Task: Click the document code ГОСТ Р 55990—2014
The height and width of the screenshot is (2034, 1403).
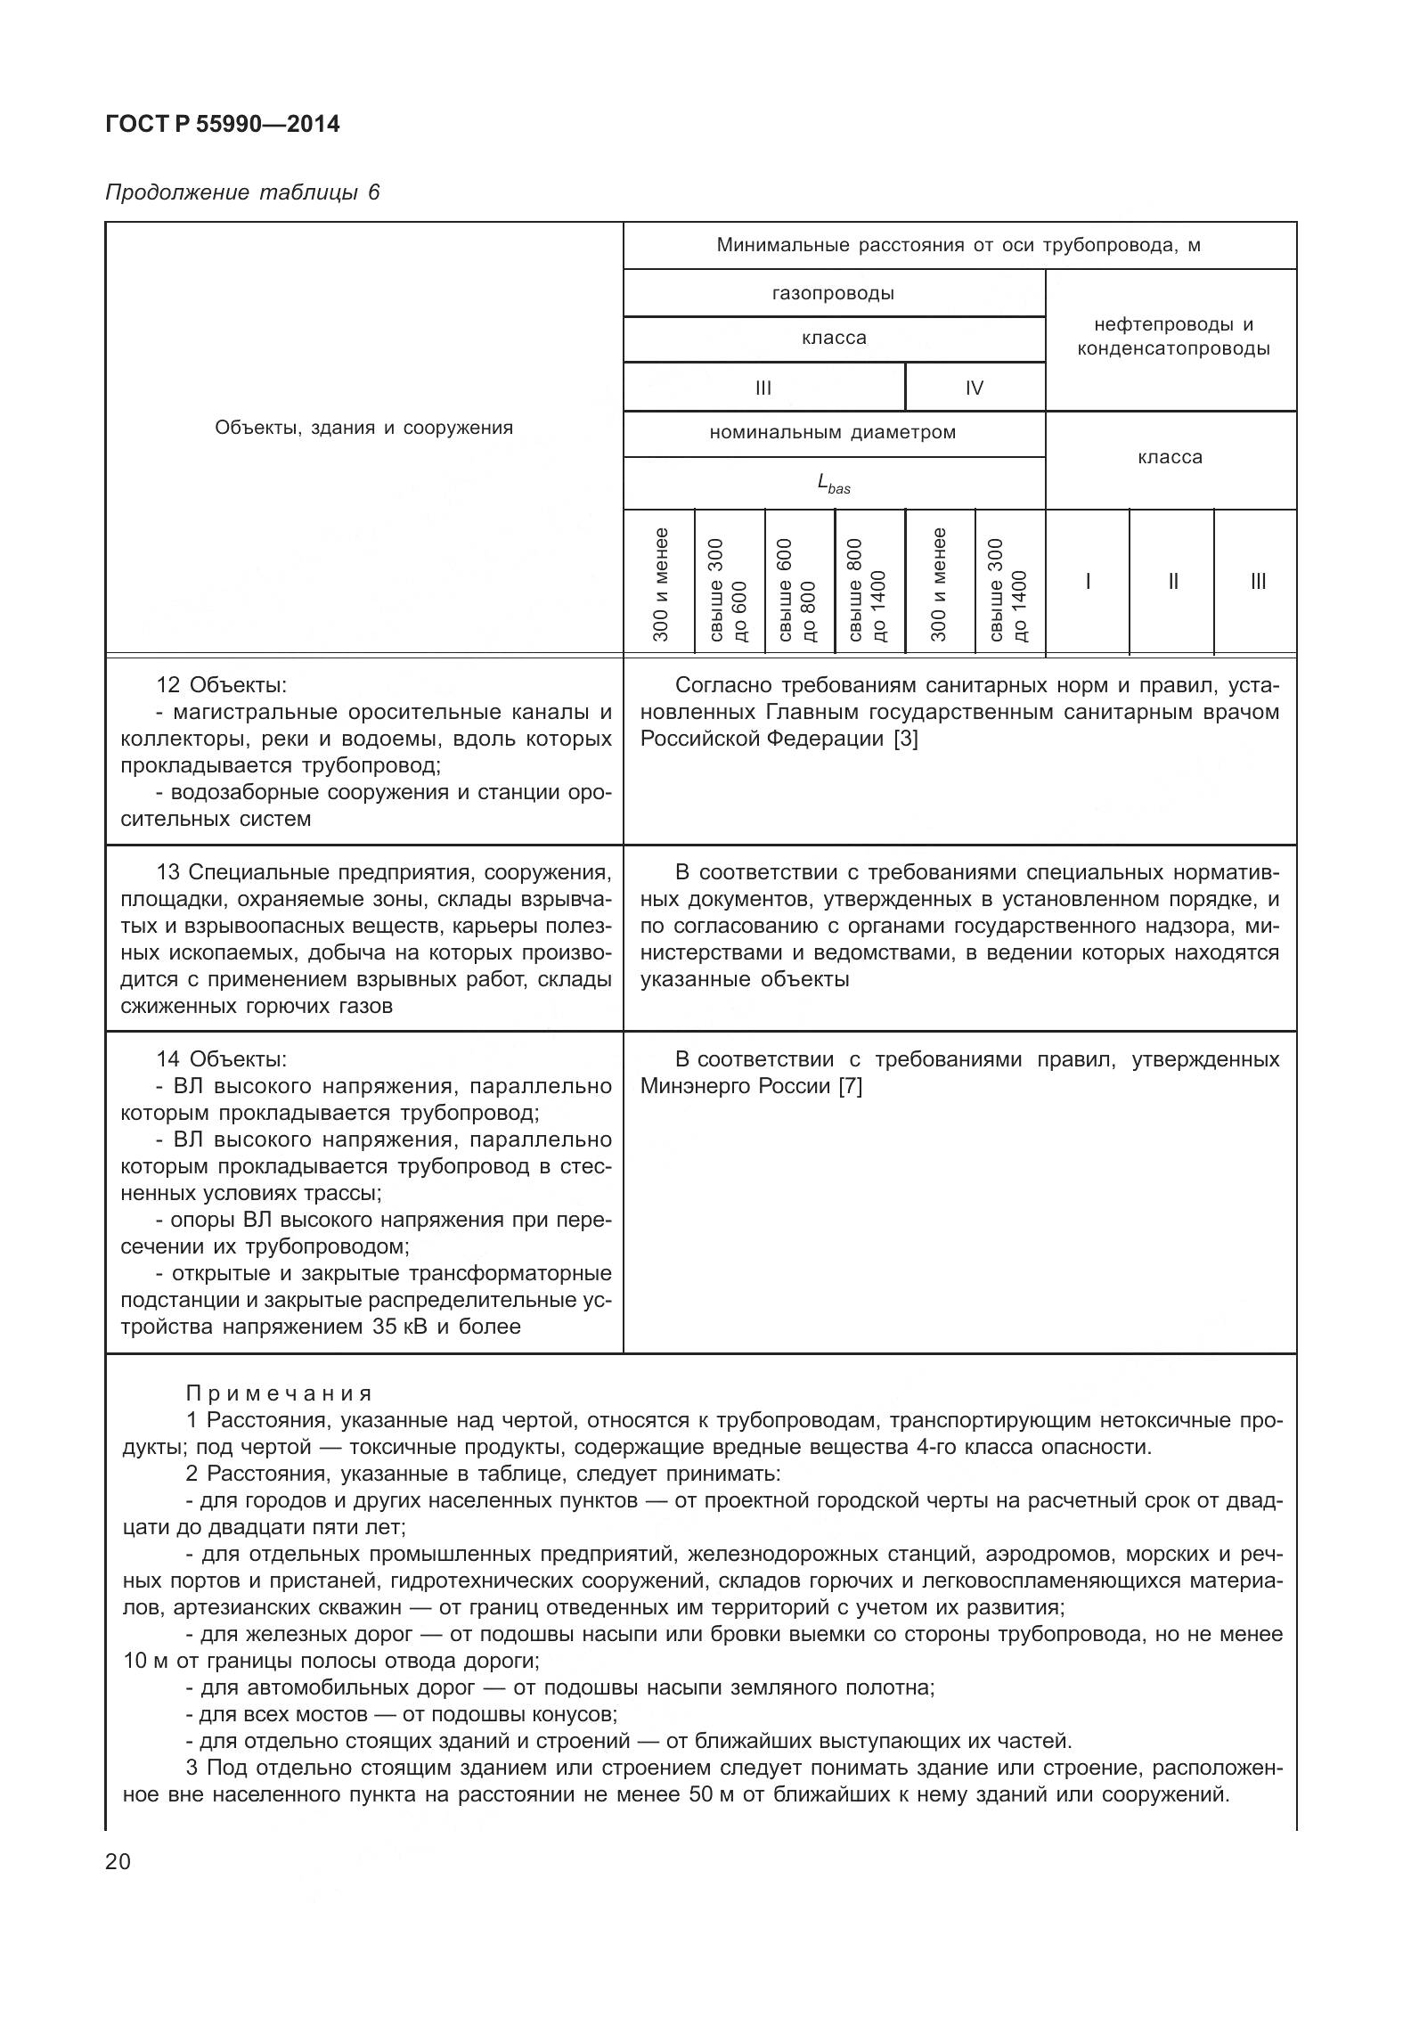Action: pyautogui.click(x=222, y=124)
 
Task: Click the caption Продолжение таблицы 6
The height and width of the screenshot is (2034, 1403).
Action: pyautogui.click(x=242, y=192)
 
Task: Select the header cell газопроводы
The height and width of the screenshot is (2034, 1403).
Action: pyautogui.click(x=833, y=293)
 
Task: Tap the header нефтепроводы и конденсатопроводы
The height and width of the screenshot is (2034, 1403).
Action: pyautogui.click(x=1172, y=337)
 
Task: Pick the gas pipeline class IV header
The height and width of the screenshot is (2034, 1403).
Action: pyautogui.click(x=974, y=388)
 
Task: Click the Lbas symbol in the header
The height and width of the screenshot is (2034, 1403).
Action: pyautogui.click(x=833, y=484)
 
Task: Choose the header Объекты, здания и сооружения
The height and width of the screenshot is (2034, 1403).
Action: pyautogui.click(x=363, y=428)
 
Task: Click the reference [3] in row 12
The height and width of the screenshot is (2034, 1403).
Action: pyautogui.click(x=905, y=739)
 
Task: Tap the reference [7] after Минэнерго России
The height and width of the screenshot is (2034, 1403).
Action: pyautogui.click(x=850, y=1086)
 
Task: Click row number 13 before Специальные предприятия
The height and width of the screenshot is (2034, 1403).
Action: pyautogui.click(x=169, y=872)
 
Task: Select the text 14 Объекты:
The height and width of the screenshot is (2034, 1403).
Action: pyautogui.click(x=221, y=1059)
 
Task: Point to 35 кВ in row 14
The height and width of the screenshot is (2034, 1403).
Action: pyautogui.click(x=394, y=1327)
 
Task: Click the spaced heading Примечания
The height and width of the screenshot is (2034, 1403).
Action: pyautogui.click(x=280, y=1393)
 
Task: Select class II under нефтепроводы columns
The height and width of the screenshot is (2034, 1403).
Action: pyautogui.click(x=1172, y=582)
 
